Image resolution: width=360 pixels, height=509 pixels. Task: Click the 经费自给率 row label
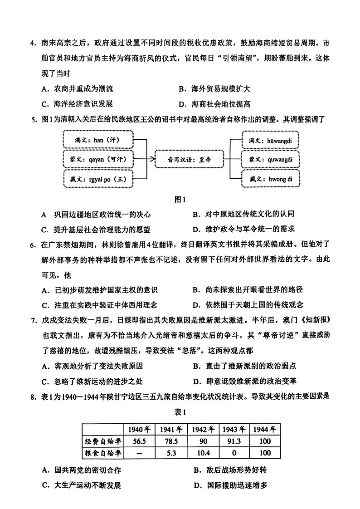pyautogui.click(x=103, y=441)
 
